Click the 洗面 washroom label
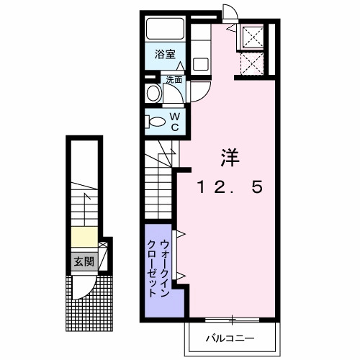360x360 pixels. pyautogui.click(x=174, y=80)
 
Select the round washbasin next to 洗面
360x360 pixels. pyautogui.click(x=153, y=93)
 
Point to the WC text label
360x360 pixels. pyautogui.click(x=174, y=120)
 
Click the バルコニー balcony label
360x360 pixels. pyautogui.click(x=233, y=337)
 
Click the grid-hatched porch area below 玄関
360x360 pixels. pyautogui.click(x=91, y=302)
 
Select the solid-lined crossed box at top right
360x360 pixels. pyautogui.click(x=252, y=36)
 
